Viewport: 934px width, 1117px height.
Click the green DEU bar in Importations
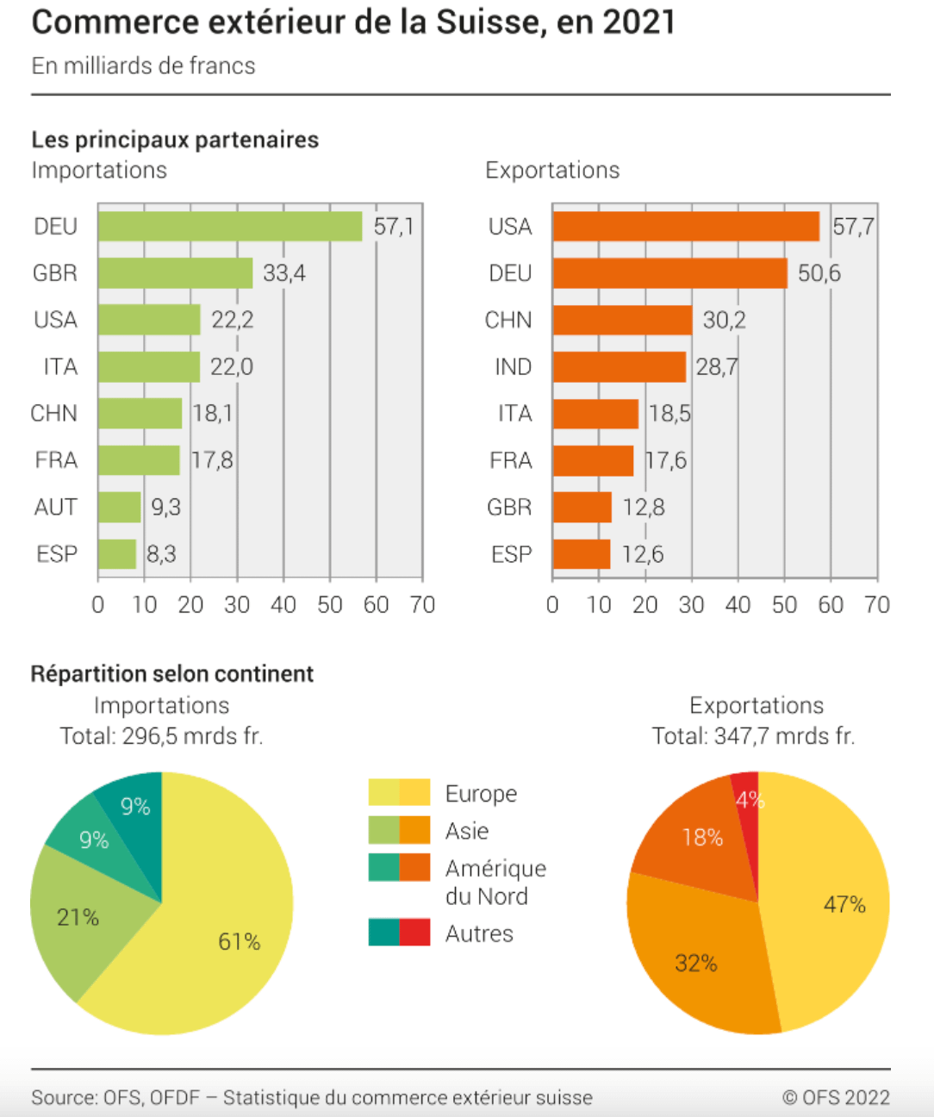[230, 227]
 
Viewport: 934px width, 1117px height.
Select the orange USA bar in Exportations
[686, 227]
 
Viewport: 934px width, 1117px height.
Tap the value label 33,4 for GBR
[284, 273]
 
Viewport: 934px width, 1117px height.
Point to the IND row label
[513, 367]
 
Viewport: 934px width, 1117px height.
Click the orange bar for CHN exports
[622, 320]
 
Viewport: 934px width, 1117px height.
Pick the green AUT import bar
[119, 507]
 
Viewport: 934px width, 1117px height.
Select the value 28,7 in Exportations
[716, 367]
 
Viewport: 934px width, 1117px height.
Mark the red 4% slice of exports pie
[746, 797]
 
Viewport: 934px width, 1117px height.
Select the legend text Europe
[481, 794]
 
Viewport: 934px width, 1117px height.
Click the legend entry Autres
[479, 933]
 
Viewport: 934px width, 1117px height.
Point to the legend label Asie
[467, 831]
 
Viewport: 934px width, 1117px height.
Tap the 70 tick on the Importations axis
[422, 605]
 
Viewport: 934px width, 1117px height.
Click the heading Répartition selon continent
[171, 674]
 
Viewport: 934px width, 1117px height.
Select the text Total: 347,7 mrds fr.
[753, 736]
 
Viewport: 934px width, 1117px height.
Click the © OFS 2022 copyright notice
[835, 1097]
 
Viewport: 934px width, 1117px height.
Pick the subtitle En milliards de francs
[143, 66]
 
